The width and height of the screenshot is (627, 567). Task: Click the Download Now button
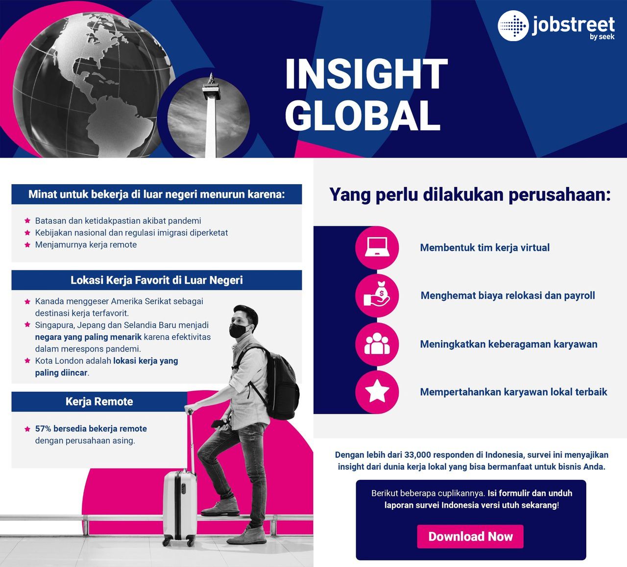click(470, 536)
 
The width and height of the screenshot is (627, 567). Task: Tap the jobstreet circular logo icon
click(513, 26)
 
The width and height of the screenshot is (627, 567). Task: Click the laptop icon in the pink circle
click(377, 247)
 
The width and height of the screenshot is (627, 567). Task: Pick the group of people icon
click(377, 344)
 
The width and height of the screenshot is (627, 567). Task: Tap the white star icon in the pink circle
click(377, 391)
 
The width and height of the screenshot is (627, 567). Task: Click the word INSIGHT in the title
click(366, 74)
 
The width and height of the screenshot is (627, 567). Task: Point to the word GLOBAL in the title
click(362, 116)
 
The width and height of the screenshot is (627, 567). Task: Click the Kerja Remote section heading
click(99, 402)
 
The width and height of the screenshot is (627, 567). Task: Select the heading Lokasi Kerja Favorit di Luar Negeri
click(157, 280)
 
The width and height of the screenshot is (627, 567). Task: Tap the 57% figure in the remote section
click(43, 428)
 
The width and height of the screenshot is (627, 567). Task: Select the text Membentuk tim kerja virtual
click(484, 248)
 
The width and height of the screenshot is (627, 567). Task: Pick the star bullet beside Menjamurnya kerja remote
click(27, 244)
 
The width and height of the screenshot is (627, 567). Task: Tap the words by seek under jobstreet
click(602, 37)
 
